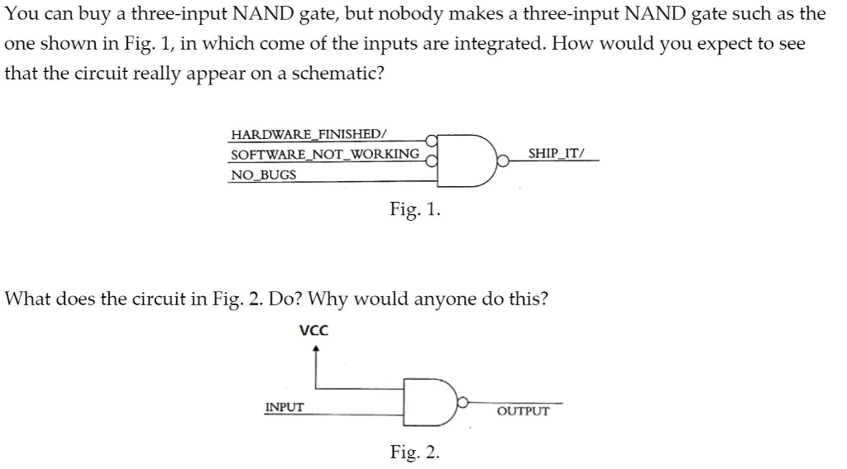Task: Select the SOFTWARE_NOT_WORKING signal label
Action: [x=324, y=155]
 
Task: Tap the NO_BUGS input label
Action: [x=263, y=175]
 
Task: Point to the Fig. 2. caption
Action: [x=415, y=452]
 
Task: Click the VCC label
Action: [x=313, y=331]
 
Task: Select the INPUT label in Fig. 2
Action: [x=284, y=407]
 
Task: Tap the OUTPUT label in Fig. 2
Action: [x=523, y=410]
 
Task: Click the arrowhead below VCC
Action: [x=314, y=349]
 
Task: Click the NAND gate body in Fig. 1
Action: [x=462, y=155]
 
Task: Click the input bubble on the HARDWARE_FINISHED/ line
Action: [x=430, y=140]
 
